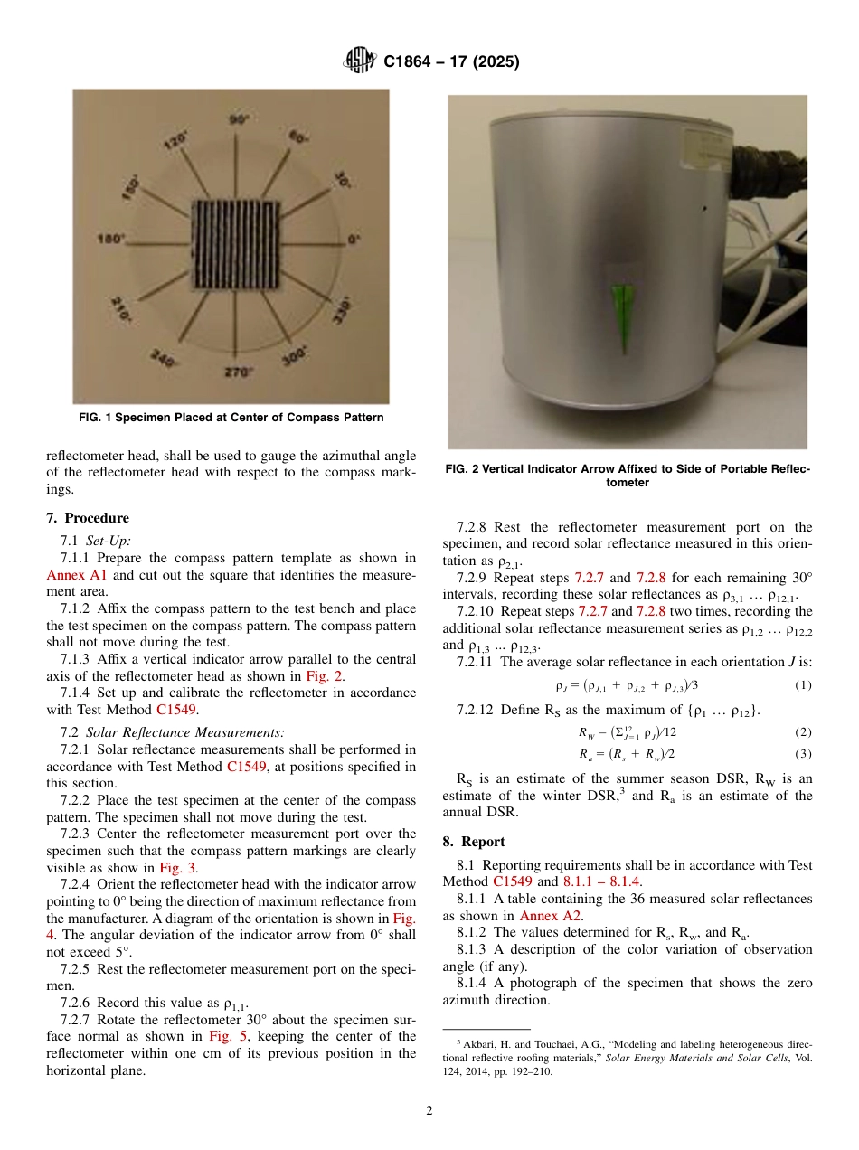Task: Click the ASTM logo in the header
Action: click(x=361, y=61)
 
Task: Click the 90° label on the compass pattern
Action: click(x=239, y=119)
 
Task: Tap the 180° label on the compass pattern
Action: click(x=110, y=240)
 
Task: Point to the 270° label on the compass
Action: click(x=239, y=372)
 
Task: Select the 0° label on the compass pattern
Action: click(x=354, y=240)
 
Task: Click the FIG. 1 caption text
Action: click(x=231, y=418)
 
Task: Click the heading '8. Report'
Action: click(x=474, y=841)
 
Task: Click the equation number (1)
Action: click(x=803, y=685)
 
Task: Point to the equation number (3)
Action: click(x=803, y=754)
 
